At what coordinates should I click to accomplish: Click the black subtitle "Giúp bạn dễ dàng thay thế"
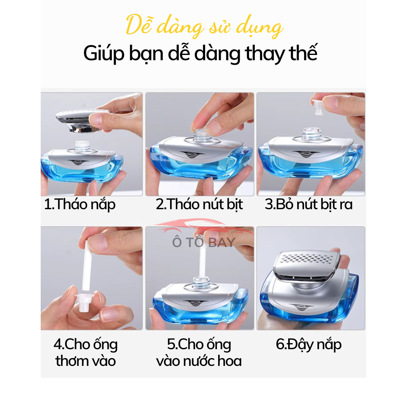point(200,53)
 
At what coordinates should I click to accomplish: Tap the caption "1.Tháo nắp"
point(80,204)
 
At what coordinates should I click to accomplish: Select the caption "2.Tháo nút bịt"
point(199,204)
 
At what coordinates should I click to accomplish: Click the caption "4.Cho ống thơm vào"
point(85,352)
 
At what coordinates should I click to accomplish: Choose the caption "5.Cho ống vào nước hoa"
point(199,352)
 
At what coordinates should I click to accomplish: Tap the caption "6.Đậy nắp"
point(309,345)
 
